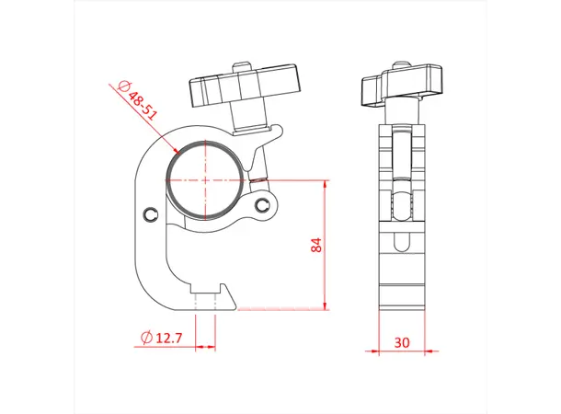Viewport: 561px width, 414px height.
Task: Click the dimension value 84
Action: click(316, 245)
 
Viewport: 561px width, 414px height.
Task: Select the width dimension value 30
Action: click(401, 340)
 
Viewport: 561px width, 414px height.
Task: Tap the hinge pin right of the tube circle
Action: click(265, 203)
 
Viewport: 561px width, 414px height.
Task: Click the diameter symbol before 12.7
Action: click(145, 339)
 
